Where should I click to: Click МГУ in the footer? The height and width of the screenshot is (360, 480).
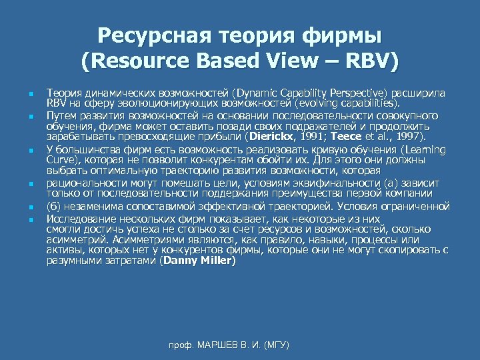(x=277, y=345)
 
